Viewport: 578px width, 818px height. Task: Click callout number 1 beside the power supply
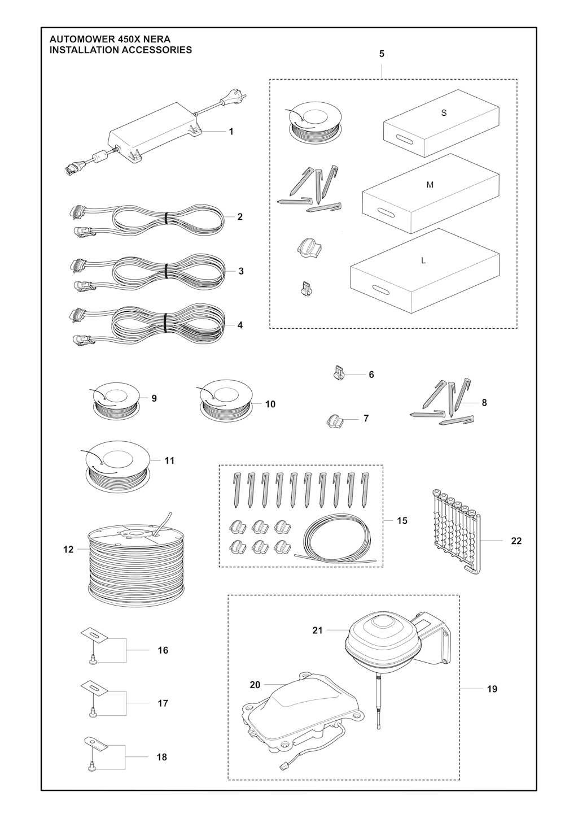tap(231, 132)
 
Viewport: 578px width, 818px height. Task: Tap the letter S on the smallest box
tap(444, 113)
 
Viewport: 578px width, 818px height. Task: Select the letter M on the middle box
tap(430, 185)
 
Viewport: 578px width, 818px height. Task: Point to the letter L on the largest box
tap(423, 261)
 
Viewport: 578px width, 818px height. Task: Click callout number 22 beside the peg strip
tap(516, 541)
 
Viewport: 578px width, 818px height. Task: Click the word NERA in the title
tap(157, 39)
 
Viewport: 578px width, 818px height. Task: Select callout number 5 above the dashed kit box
tap(382, 54)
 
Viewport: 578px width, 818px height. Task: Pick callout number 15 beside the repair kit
tap(402, 520)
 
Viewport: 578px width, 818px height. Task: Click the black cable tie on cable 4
tap(165, 323)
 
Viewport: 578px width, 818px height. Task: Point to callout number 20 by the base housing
tap(255, 685)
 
